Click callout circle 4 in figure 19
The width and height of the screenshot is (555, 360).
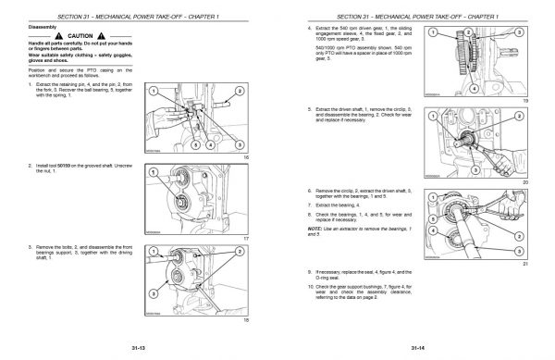point(475,91)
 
